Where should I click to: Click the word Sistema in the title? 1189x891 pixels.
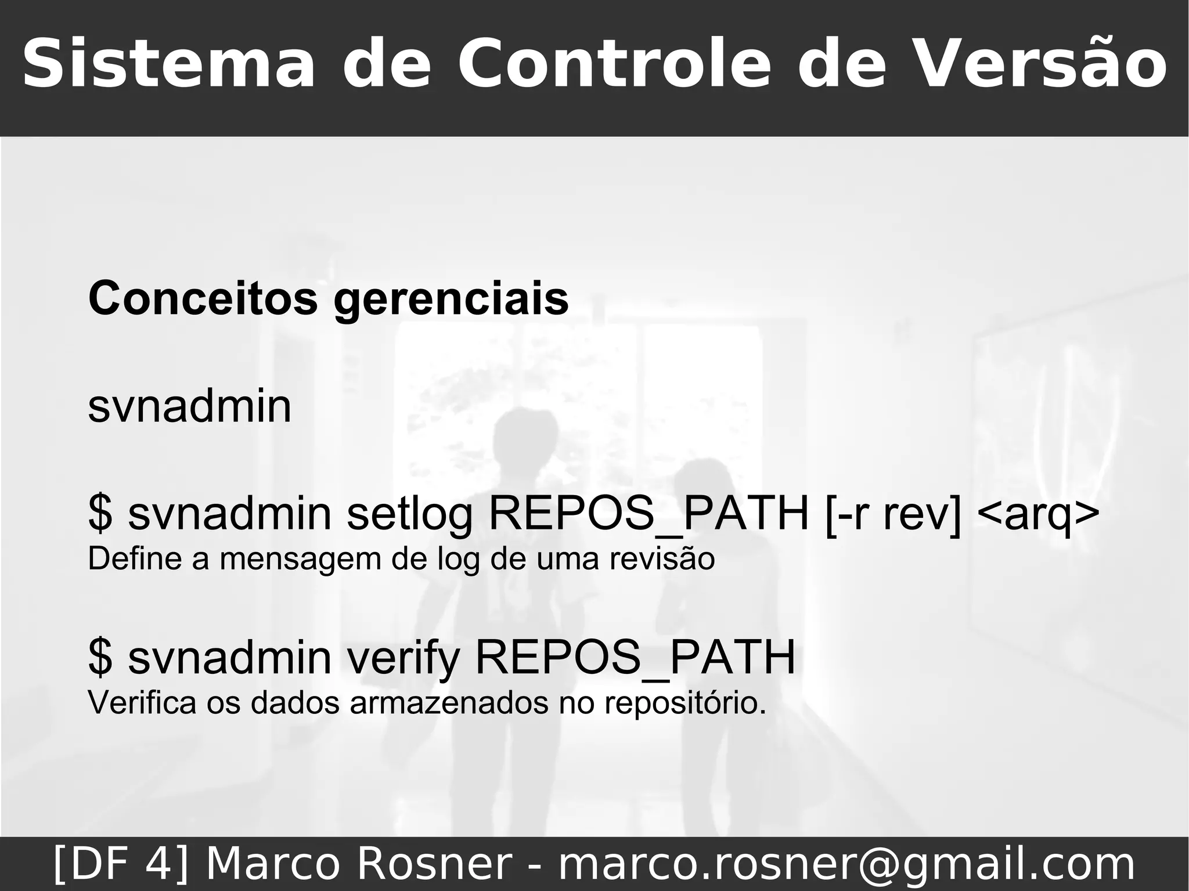pyautogui.click(x=169, y=64)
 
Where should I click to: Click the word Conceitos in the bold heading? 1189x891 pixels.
pyautogui.click(x=203, y=298)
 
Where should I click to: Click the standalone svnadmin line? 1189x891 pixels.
pyautogui.click(x=190, y=406)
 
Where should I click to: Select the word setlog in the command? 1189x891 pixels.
pyautogui.click(x=410, y=514)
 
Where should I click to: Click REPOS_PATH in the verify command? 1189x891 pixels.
pyautogui.click(x=635, y=658)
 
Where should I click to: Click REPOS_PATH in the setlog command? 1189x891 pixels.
pyautogui.click(x=649, y=513)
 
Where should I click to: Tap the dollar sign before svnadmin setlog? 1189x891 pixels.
pyautogui.click(x=100, y=513)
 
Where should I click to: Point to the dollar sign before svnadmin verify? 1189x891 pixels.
pyautogui.click(x=100, y=658)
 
